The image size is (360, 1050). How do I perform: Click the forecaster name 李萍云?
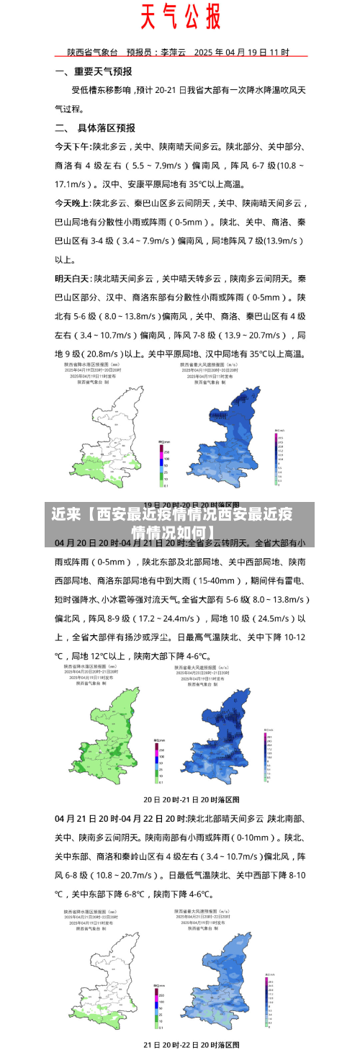click(174, 53)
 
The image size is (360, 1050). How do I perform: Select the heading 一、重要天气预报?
click(94, 72)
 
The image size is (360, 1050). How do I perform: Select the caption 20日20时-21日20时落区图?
click(192, 799)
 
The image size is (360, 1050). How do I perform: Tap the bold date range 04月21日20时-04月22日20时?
click(120, 819)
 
